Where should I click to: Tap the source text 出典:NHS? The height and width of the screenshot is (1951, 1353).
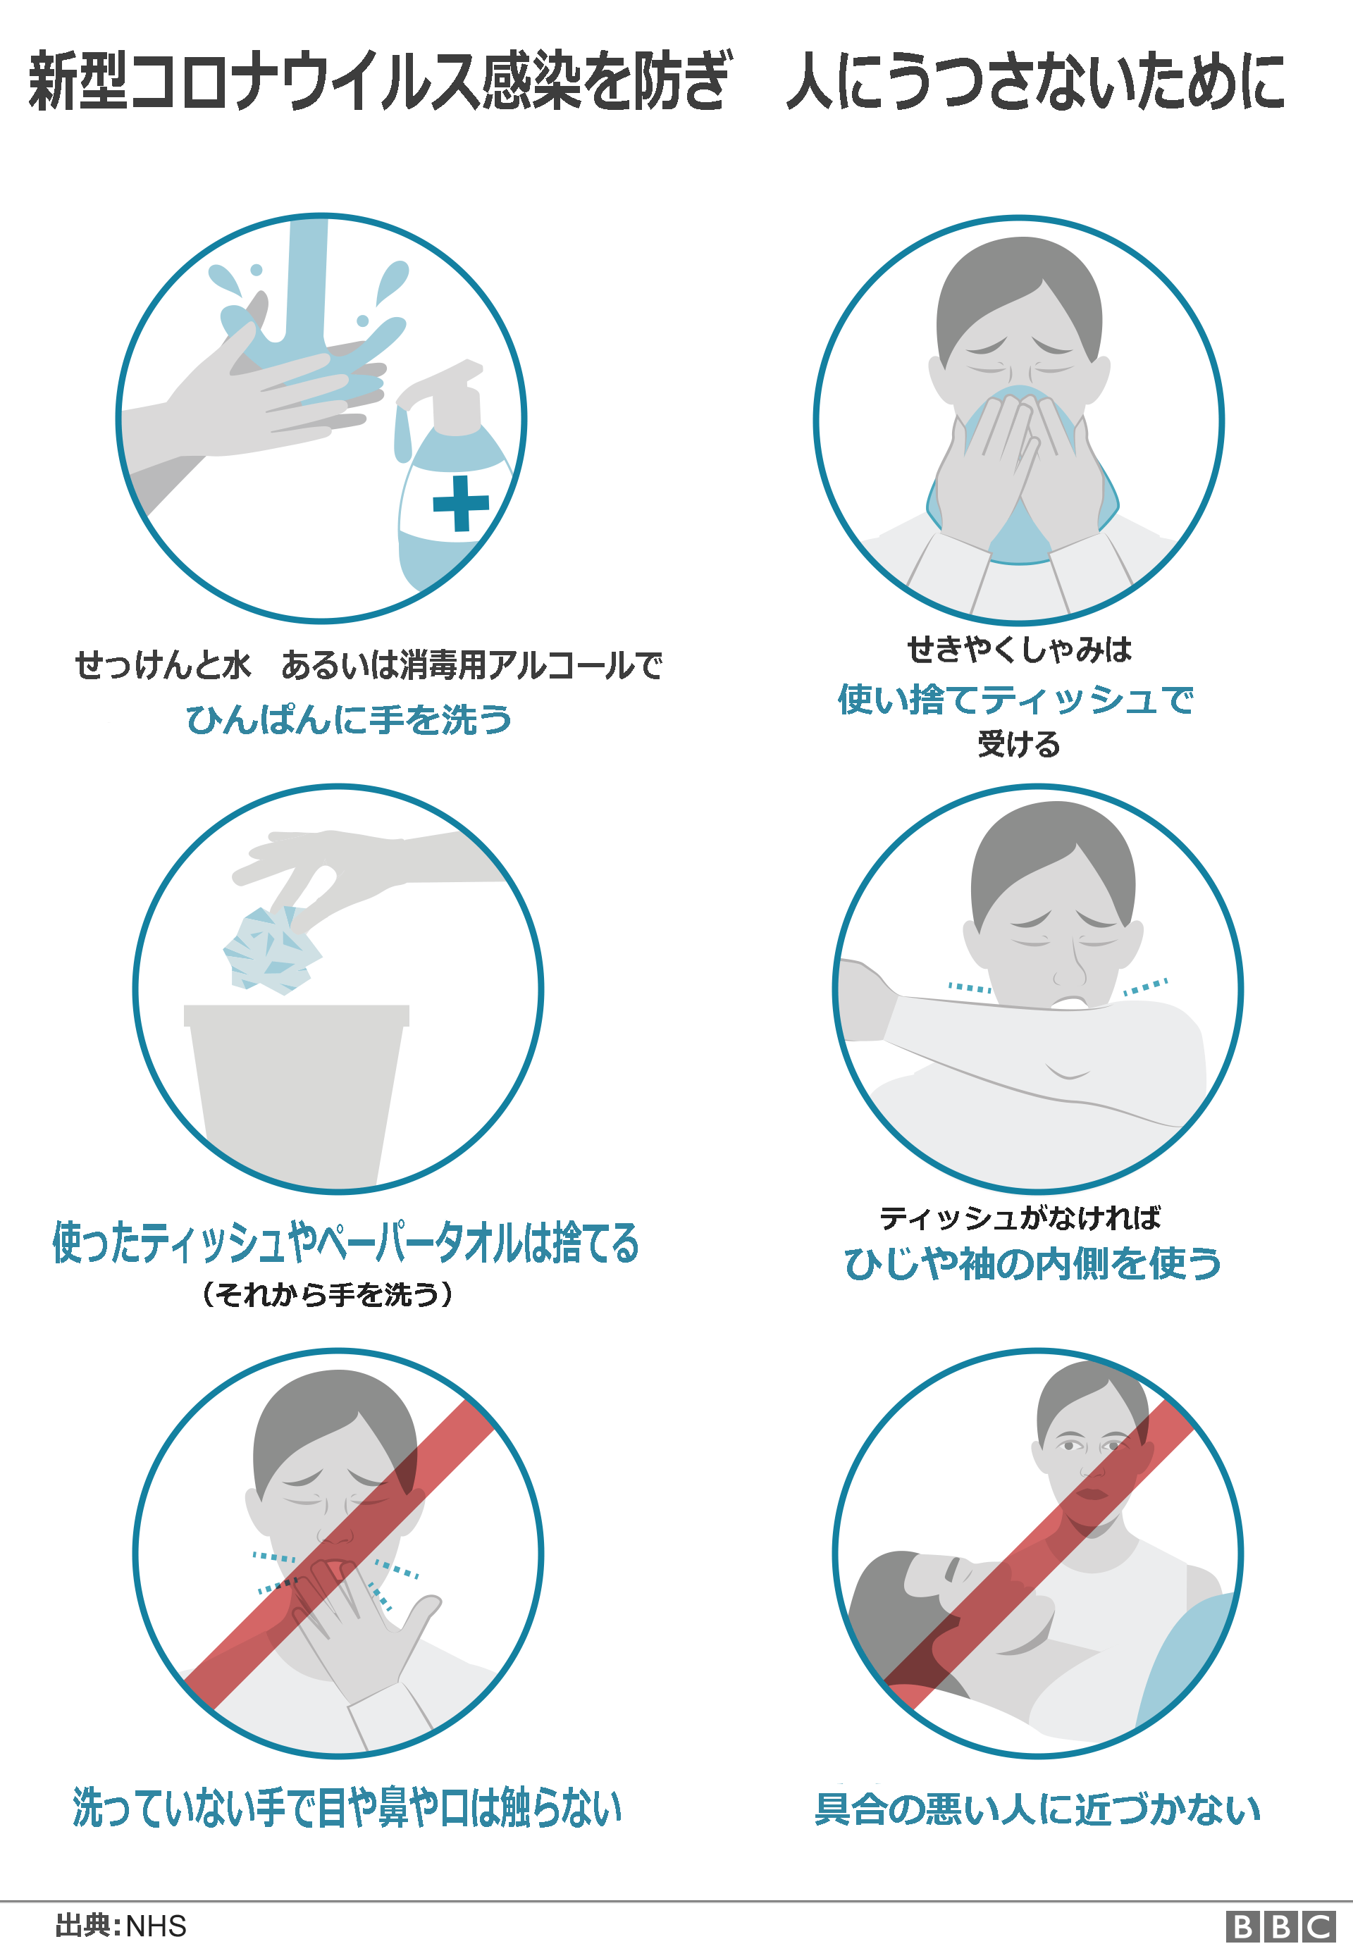tap(121, 1926)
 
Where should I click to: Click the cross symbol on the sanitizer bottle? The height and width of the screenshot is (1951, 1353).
tap(460, 504)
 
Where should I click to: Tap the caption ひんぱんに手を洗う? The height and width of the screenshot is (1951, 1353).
tap(348, 719)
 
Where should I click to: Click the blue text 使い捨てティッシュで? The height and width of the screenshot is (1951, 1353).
tap(1015, 700)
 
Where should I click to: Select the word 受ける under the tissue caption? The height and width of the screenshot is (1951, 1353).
tap(1018, 744)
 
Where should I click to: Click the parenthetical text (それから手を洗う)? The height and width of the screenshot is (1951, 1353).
tap(327, 1294)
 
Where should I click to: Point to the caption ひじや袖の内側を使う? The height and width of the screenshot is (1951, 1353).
tap(1032, 1263)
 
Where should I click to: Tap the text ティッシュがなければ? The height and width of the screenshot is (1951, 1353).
tap(1020, 1218)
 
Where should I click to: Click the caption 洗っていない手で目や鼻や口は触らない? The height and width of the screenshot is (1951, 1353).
tap(347, 1807)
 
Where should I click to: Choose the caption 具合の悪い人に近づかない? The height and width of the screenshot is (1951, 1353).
tap(1037, 1809)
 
